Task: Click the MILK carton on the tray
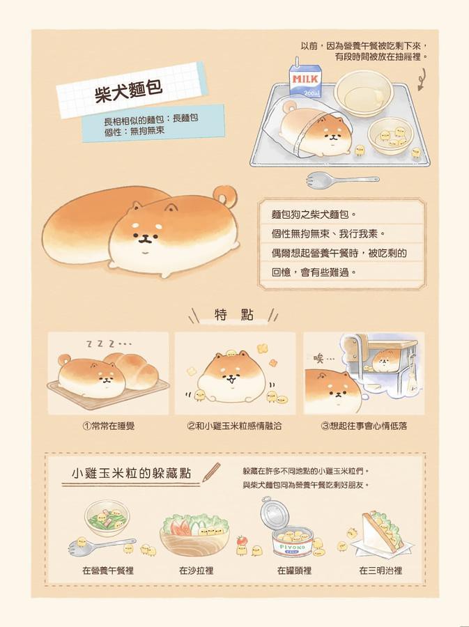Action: [305, 80]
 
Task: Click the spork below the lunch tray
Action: [342, 180]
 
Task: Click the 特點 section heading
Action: [234, 315]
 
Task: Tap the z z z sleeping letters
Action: [108, 343]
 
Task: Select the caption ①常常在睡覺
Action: [108, 426]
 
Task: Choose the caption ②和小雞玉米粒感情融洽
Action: [234, 426]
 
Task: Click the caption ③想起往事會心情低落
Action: [364, 426]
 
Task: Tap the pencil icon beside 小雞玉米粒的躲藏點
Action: [212, 472]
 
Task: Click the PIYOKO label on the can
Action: [292, 547]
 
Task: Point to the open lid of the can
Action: [274, 515]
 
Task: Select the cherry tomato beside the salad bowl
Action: [241, 540]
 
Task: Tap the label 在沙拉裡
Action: [196, 570]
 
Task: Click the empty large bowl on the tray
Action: [364, 93]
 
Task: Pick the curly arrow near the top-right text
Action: [421, 79]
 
